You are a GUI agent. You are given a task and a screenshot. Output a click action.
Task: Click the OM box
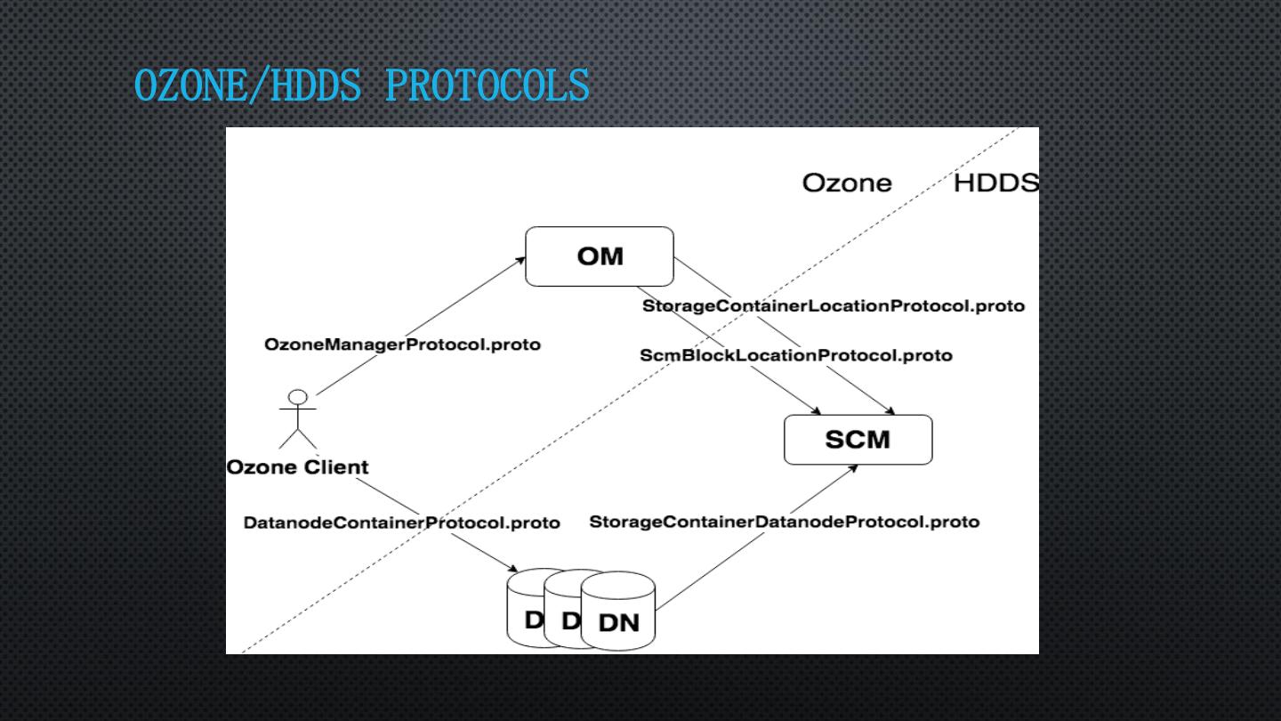click(x=600, y=256)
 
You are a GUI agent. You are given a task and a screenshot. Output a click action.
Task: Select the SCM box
click(x=858, y=440)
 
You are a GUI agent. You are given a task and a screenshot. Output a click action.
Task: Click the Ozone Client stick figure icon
click(x=298, y=420)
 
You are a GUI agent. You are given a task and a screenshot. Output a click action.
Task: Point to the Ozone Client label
click(x=297, y=467)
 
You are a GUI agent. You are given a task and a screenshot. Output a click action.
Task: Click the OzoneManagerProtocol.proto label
click(x=402, y=344)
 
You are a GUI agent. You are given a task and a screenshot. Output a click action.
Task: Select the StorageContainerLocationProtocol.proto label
click(x=834, y=306)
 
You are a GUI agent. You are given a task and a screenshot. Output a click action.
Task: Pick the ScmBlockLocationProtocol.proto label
click(x=795, y=356)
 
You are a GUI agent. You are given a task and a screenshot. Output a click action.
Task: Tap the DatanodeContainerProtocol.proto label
click(x=401, y=523)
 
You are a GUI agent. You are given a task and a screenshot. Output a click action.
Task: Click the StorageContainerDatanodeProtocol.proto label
click(x=784, y=522)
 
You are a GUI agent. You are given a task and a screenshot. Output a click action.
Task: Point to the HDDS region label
click(x=995, y=184)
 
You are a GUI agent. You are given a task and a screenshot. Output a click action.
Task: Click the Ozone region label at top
click(x=846, y=184)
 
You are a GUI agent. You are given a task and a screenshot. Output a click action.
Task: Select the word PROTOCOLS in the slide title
click(x=487, y=86)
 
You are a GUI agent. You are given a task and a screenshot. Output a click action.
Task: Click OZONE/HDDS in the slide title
click(x=248, y=86)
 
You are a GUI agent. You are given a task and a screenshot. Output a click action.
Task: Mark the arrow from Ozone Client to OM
click(x=418, y=327)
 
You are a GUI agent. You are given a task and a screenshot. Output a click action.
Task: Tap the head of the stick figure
click(x=298, y=397)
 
